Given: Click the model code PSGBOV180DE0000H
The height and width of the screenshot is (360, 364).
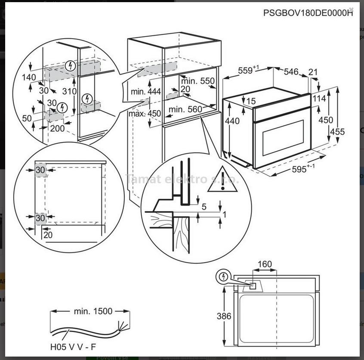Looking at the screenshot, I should [x=308, y=13].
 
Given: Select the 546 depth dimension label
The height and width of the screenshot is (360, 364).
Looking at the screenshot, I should [x=291, y=72].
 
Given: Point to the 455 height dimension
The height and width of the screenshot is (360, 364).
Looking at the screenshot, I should [x=337, y=132].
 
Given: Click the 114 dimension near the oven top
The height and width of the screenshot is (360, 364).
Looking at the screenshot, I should [x=319, y=98].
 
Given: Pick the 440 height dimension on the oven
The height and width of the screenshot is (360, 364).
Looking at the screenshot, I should [x=232, y=121].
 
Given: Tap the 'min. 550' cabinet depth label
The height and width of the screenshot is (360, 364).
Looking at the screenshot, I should [x=197, y=81].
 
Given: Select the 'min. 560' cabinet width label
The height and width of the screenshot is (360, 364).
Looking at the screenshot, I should [x=185, y=110].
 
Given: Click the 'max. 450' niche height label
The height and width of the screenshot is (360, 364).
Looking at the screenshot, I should [x=145, y=114].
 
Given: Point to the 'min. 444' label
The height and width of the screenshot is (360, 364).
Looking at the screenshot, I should [x=146, y=91].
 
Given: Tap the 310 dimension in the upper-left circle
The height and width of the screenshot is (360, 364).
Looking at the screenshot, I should [x=69, y=91].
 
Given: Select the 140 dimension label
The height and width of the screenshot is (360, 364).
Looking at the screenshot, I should [x=29, y=77].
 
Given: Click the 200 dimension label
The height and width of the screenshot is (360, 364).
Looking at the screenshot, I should [x=57, y=128].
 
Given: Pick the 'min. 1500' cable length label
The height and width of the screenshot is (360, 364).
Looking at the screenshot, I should [x=93, y=311].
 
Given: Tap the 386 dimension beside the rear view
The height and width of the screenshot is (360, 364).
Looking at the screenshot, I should [x=224, y=316].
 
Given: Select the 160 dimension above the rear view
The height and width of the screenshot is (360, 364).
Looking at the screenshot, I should [x=265, y=264].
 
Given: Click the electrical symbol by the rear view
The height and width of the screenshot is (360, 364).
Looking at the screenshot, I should [x=223, y=277].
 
